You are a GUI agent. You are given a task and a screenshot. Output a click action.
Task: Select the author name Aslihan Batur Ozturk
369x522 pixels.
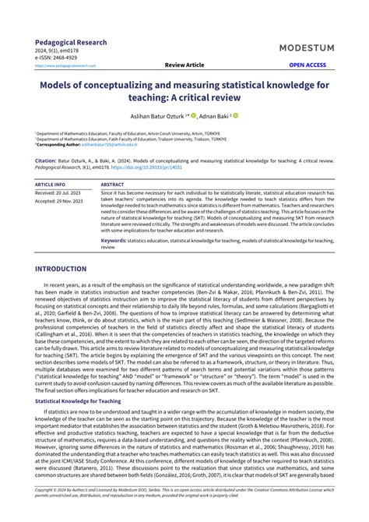(160, 115)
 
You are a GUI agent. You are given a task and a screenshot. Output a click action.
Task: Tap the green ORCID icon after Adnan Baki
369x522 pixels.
(236, 115)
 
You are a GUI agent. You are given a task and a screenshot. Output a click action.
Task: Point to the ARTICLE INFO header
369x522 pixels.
(50, 184)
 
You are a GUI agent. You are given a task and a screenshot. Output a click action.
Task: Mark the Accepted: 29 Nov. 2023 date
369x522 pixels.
(59, 200)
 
